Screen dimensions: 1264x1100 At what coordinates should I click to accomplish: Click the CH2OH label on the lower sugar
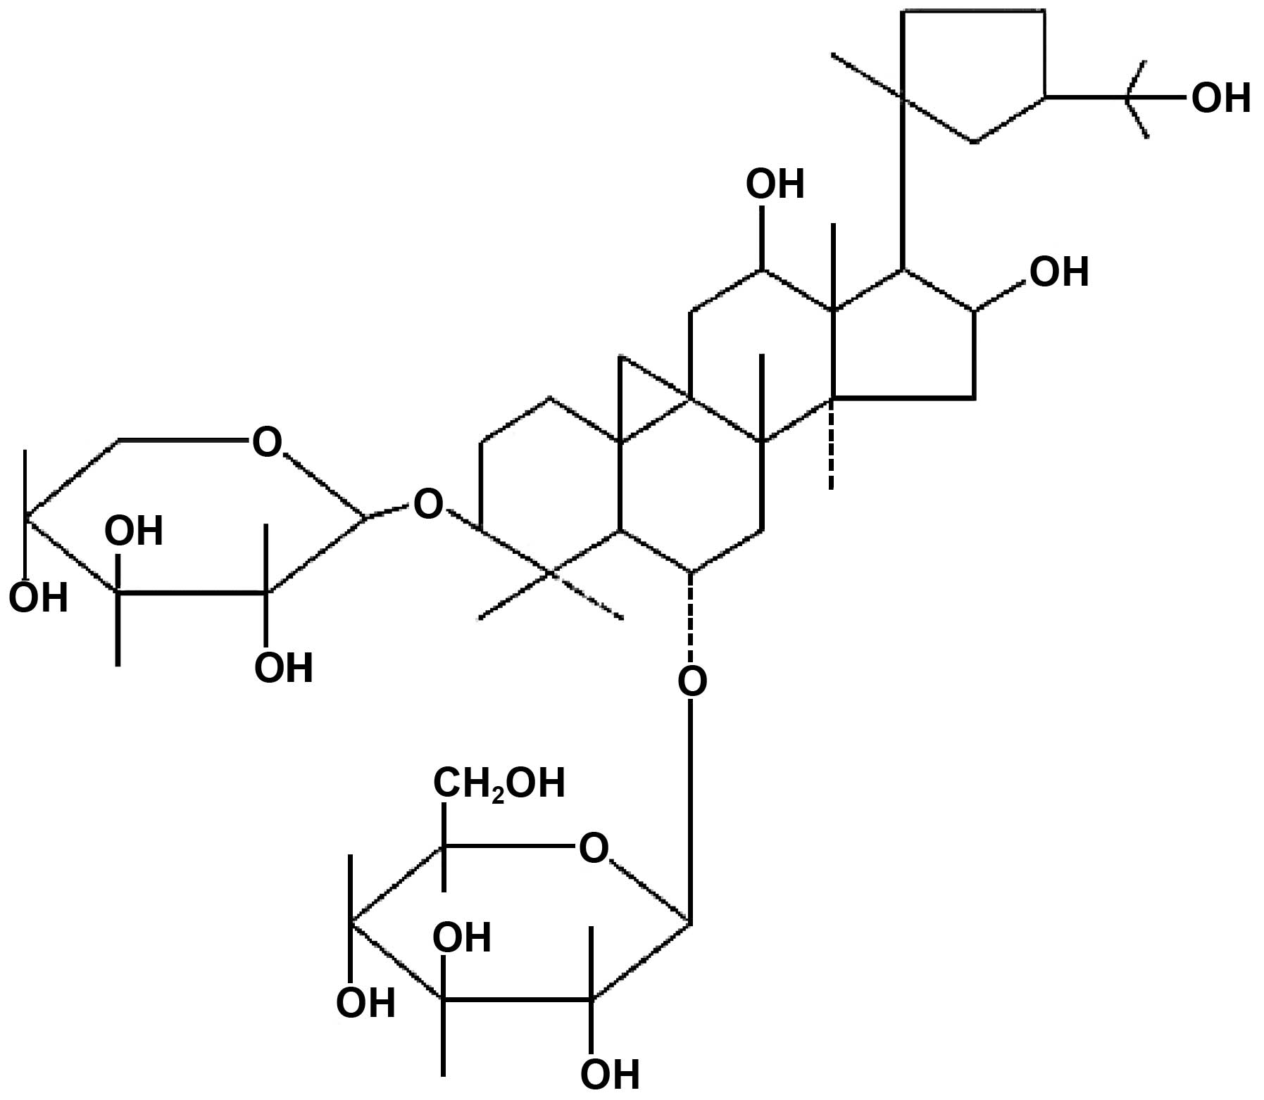[x=499, y=783]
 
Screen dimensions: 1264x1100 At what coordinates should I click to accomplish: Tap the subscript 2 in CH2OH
[x=497, y=794]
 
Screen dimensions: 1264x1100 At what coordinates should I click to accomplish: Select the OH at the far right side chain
[x=1220, y=98]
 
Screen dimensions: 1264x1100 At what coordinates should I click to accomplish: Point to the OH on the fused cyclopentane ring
[x=1059, y=272]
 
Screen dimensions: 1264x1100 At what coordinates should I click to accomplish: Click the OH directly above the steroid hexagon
[x=775, y=184]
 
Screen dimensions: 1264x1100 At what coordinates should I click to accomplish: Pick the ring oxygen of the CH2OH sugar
[x=593, y=848]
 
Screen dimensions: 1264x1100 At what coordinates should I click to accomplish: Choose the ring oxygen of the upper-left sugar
[x=266, y=443]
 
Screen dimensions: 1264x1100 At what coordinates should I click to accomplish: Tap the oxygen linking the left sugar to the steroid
[x=428, y=504]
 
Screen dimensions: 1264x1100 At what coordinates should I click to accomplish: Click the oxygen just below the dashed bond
[x=692, y=681]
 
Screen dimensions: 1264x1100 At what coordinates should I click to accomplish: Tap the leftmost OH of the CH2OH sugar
[x=365, y=1002]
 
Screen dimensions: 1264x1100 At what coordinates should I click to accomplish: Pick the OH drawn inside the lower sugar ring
[x=461, y=937]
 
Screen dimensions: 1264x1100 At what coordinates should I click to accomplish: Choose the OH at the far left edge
[x=38, y=598]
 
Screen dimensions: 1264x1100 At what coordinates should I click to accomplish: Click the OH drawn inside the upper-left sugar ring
[x=134, y=531]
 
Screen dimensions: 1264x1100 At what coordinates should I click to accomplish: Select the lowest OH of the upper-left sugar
[x=283, y=667]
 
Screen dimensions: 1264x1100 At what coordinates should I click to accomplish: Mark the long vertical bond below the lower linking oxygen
[x=692, y=809]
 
